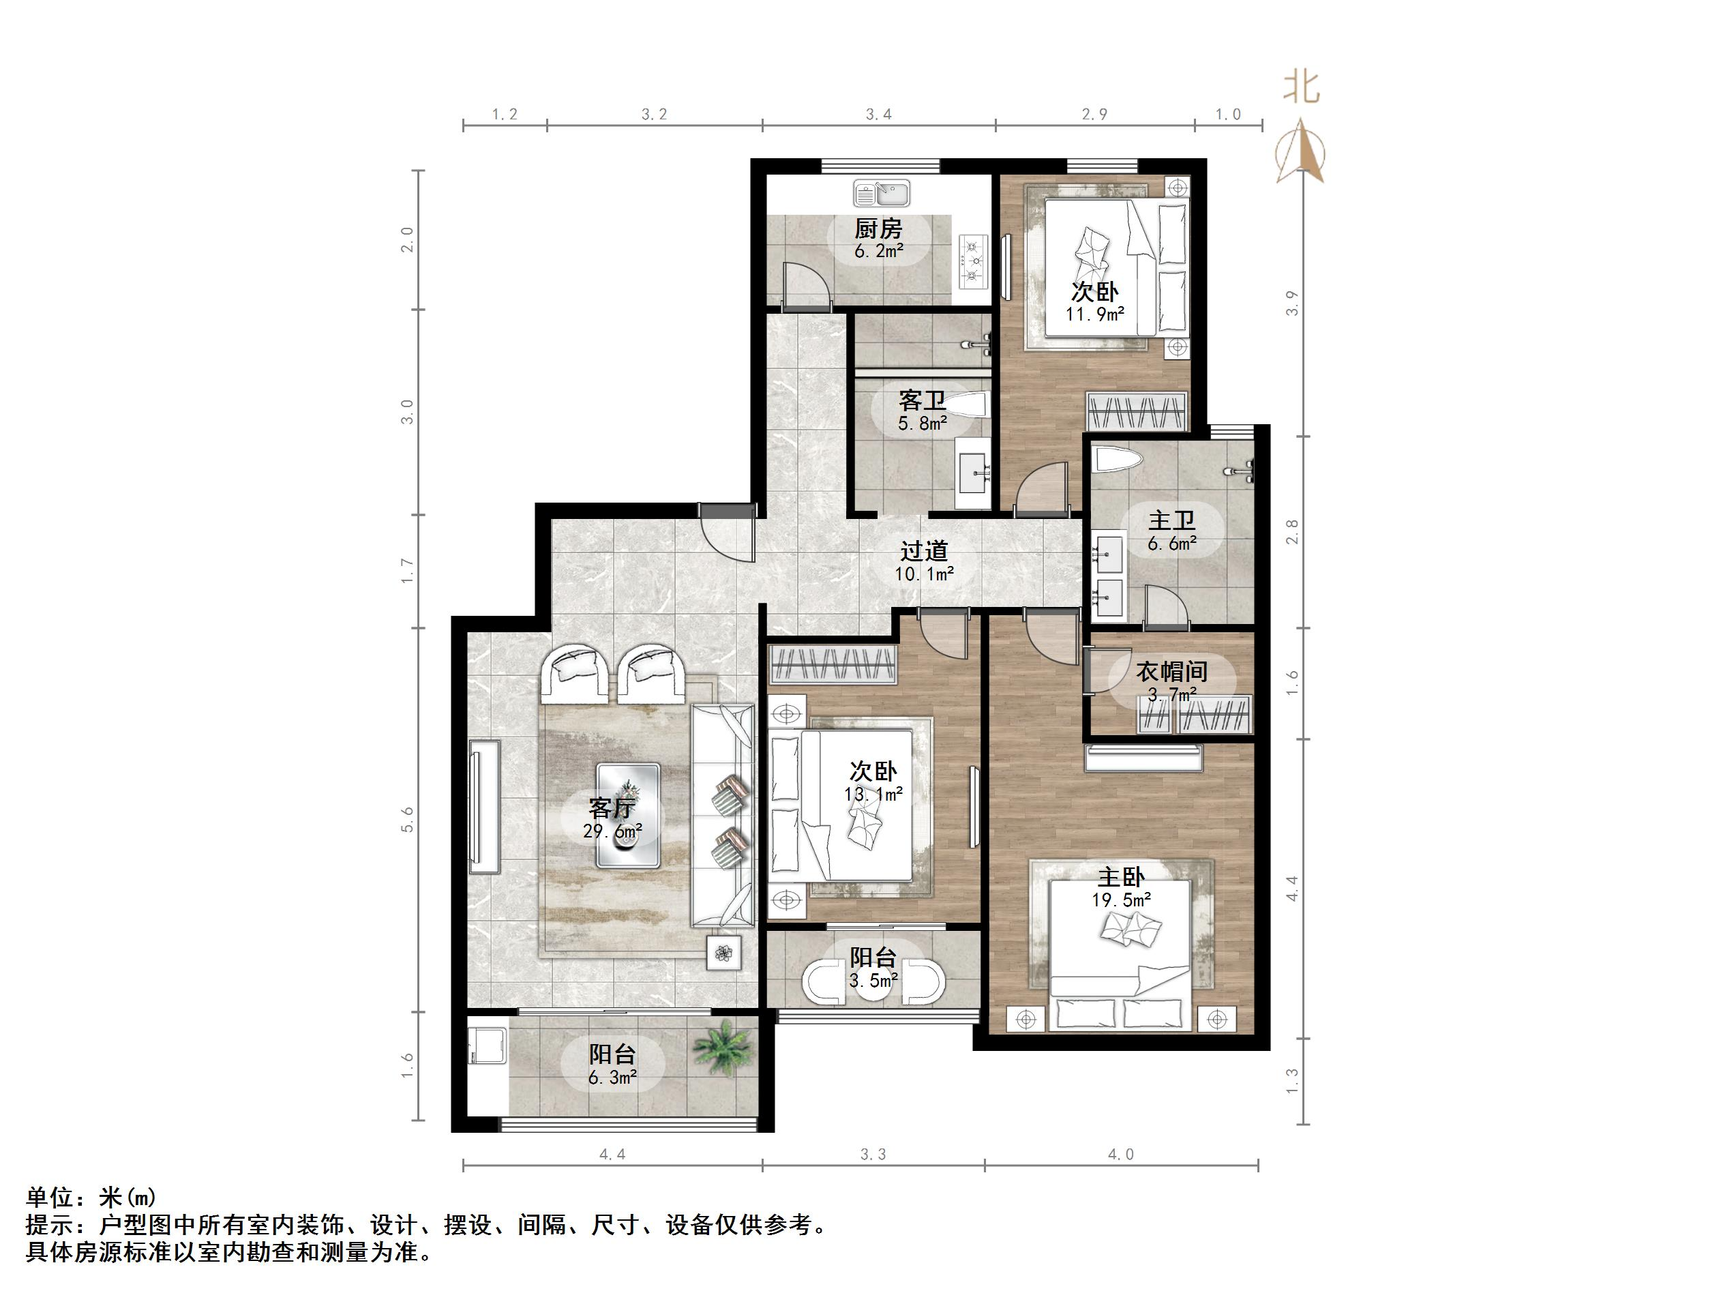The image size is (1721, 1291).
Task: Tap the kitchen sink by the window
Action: [881, 192]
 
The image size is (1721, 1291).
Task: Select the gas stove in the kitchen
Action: [972, 261]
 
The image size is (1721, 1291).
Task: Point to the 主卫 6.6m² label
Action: [1171, 531]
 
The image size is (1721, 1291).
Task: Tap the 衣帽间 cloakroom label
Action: [1171, 672]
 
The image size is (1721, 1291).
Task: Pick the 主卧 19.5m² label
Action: [1121, 888]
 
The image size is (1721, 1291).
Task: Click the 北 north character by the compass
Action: [1302, 89]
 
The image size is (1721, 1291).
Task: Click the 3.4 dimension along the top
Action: [878, 115]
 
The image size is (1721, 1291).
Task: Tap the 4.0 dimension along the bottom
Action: [1121, 1155]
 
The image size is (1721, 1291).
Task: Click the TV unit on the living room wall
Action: [485, 806]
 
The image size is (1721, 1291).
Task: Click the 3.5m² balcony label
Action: [873, 969]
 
